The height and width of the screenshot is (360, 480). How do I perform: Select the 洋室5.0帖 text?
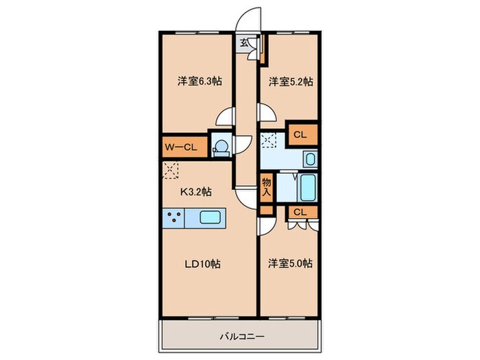[290, 263]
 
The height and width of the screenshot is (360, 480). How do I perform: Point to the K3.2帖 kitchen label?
[195, 193]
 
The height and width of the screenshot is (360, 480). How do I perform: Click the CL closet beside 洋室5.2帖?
[300, 135]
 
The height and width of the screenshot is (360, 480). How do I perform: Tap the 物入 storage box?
[267, 187]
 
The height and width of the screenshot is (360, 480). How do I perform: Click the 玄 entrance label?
[244, 43]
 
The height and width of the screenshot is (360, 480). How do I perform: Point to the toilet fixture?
[221, 147]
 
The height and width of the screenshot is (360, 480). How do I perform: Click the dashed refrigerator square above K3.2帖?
[171, 169]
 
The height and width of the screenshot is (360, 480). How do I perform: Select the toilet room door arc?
[242, 143]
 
